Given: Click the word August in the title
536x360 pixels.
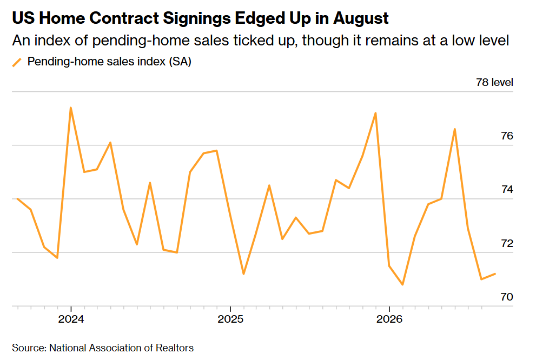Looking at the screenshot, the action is tap(361, 18).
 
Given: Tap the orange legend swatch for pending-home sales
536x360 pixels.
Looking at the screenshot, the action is tap(17, 62).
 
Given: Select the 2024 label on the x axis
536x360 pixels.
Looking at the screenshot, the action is tap(71, 319).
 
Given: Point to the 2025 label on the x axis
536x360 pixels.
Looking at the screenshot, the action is tap(230, 319).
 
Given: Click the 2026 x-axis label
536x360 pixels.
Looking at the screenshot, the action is tap(389, 319).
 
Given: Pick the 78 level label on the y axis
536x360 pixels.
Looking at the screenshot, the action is tap(494, 82).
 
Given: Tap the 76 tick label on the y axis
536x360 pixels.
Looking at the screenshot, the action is tap(507, 136).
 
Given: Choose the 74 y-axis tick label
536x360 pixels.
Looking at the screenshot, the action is tap(507, 189).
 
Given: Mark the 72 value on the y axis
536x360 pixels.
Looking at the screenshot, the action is tap(507, 243).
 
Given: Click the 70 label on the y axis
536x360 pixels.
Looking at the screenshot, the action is tap(507, 297).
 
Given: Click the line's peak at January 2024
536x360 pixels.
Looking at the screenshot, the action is tap(71, 108).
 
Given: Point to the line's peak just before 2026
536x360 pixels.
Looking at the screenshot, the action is tap(376, 113).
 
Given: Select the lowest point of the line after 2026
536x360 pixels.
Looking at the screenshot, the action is tap(402, 284).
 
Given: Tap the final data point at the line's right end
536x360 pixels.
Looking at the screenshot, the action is tap(495, 274).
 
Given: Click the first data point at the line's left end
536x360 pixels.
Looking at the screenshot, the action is tap(17, 198).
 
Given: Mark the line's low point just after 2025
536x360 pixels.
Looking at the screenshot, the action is tap(243, 274).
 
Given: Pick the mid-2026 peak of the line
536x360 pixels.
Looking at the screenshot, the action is tap(455, 129).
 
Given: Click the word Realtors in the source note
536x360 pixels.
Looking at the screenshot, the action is tap(175, 348).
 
